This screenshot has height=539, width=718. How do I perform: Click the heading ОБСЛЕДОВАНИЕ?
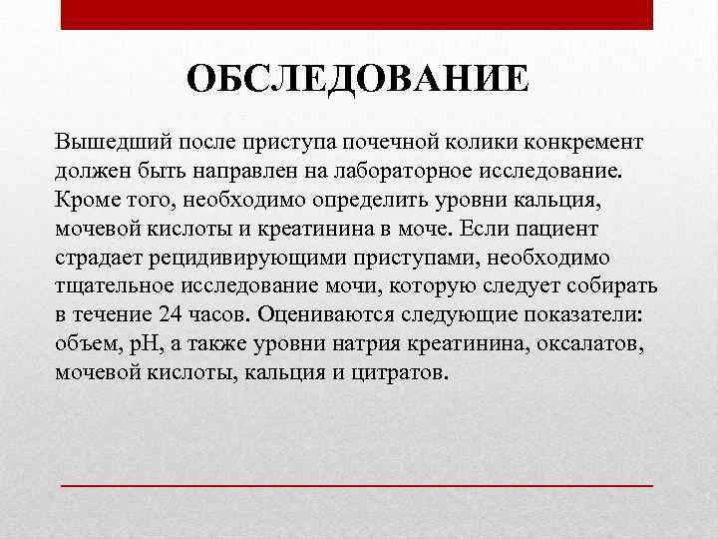[358, 79]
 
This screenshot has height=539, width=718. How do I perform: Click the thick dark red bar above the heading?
[356, 15]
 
